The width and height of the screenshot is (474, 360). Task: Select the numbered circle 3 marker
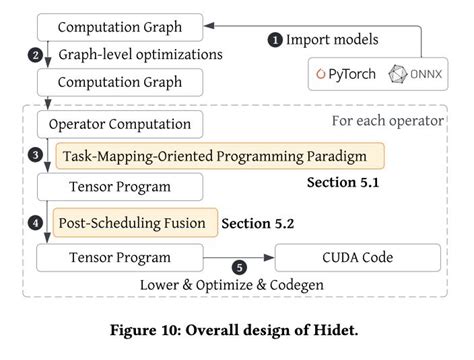click(35, 155)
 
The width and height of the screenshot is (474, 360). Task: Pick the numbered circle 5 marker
click(239, 267)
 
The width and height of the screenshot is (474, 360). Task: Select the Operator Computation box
click(119, 125)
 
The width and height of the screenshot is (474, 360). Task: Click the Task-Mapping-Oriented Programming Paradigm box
click(219, 156)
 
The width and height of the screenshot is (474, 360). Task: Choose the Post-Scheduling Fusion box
click(133, 221)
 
